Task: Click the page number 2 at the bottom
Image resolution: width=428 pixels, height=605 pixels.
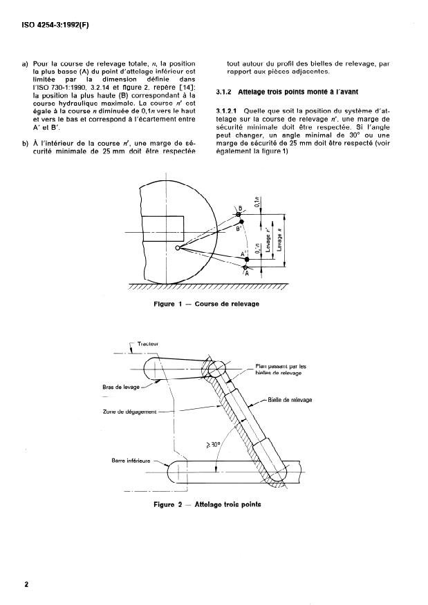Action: (26, 584)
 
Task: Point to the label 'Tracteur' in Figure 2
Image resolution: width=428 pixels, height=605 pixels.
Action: (149, 343)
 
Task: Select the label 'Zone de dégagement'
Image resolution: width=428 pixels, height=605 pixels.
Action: (124, 412)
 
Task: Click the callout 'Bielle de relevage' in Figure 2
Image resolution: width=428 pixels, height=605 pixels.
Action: (290, 400)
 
